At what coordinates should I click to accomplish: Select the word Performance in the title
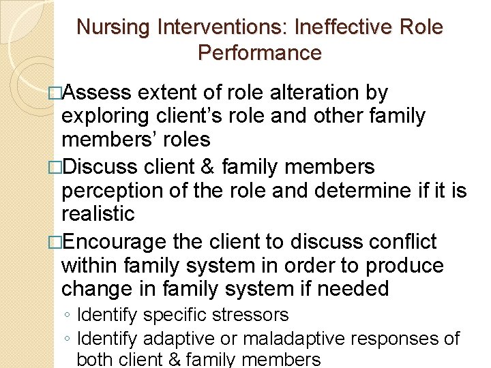[260, 53]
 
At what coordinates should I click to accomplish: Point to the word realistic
[98, 213]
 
